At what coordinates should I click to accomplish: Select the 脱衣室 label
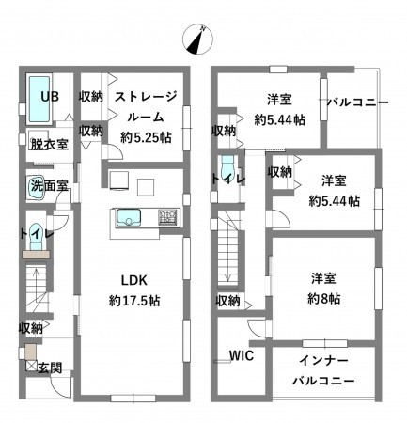tap(48, 144)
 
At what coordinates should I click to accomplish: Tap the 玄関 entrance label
tap(50, 368)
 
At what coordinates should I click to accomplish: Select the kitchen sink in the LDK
tap(128, 218)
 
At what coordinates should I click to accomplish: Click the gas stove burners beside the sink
tap(169, 218)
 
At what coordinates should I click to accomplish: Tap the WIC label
tap(243, 356)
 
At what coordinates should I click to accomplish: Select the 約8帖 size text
tap(324, 297)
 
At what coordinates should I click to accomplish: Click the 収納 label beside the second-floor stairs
tap(228, 301)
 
